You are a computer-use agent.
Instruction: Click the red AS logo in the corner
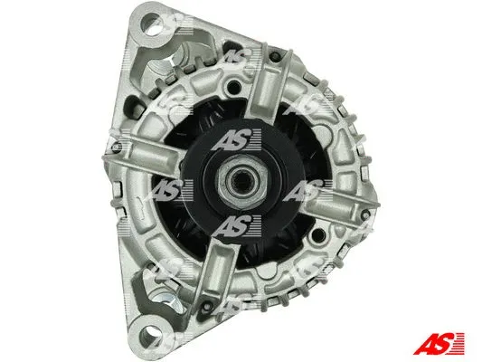(439, 343)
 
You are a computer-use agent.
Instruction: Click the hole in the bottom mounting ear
(150, 335)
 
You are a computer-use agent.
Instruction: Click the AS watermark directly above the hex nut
(236, 139)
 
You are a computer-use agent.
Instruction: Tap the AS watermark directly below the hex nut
(236, 226)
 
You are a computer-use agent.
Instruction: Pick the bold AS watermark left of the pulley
(168, 190)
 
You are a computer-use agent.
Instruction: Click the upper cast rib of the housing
(268, 87)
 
